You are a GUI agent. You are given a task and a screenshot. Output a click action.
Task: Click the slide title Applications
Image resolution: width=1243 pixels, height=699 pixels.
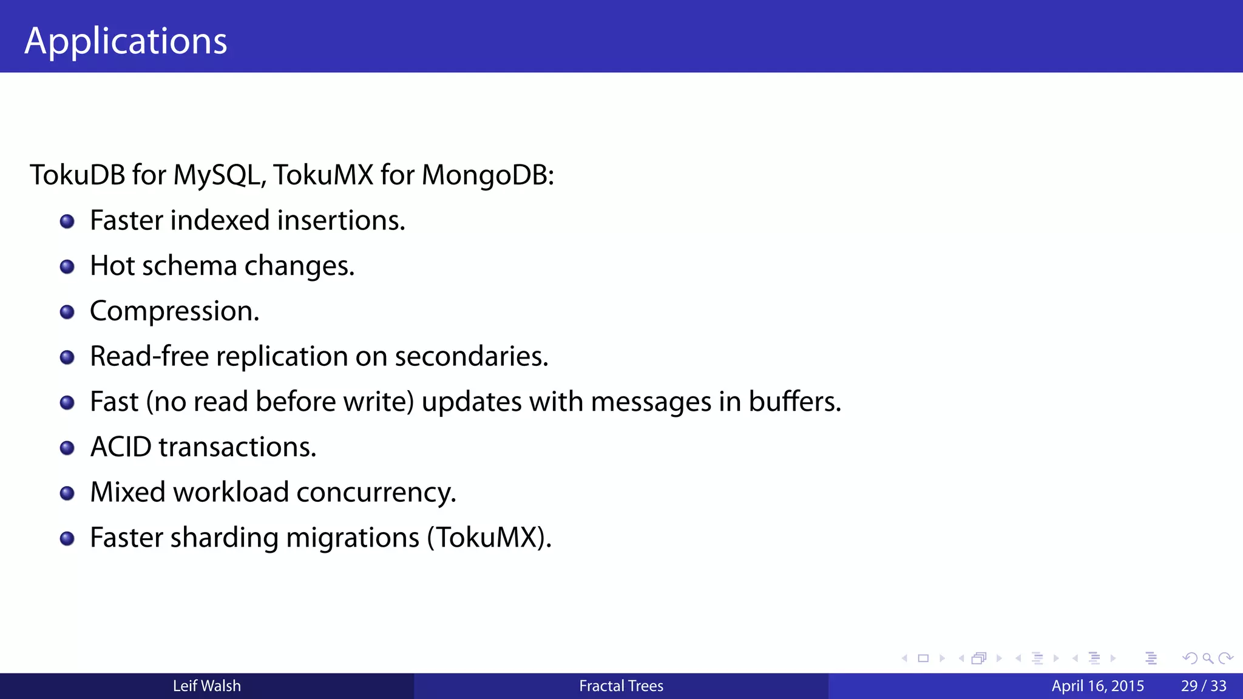point(126,41)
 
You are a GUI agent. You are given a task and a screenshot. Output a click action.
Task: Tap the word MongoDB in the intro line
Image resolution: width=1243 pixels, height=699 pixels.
point(487,175)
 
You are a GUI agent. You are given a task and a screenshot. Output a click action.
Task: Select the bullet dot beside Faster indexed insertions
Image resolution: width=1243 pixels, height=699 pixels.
point(67,221)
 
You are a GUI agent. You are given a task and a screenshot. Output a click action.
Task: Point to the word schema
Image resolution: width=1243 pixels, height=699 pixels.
point(189,266)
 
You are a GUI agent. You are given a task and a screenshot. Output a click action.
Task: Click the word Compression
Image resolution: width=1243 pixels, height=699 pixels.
point(174,311)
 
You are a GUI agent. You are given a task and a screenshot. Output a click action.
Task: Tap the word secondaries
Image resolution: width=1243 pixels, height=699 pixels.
point(471,356)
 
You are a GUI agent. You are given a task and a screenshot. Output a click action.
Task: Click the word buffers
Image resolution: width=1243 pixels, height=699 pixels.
point(794,402)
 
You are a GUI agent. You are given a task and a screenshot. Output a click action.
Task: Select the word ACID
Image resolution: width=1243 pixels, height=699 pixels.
point(121,447)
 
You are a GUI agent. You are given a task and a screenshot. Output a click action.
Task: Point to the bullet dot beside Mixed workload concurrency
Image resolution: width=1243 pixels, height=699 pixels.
point(67,493)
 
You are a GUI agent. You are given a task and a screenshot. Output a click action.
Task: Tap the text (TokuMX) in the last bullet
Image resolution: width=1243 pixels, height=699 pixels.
point(489,538)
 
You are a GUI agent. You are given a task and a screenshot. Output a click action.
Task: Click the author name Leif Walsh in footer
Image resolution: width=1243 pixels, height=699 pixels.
point(207,686)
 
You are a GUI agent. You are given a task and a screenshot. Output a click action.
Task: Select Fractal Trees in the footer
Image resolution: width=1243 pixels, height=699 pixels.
point(621,686)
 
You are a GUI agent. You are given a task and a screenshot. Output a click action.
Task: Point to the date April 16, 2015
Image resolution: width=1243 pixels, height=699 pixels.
point(1097,686)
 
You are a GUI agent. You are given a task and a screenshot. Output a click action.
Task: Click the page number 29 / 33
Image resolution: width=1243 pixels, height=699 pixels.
point(1204,686)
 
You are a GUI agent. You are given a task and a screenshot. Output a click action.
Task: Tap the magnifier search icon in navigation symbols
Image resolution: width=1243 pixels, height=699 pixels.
point(1208,658)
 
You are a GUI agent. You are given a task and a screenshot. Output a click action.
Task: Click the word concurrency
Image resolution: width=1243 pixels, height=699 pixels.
point(376,492)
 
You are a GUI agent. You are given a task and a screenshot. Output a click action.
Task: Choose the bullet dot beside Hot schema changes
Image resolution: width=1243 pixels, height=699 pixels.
point(67,267)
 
